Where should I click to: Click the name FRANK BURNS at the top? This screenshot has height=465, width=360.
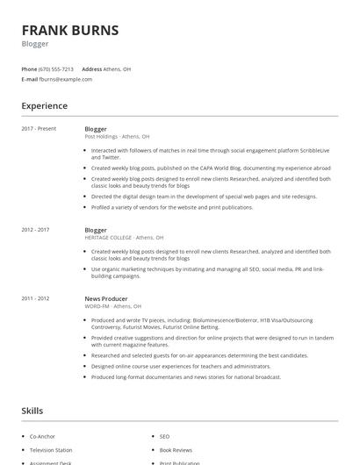click(69, 31)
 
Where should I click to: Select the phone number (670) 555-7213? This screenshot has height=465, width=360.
click(57, 68)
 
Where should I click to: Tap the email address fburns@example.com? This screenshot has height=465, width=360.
click(65, 79)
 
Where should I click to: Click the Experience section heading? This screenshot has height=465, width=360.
click(44, 106)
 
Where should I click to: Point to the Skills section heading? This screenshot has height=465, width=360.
click(32, 411)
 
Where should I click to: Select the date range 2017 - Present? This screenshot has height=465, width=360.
click(39, 129)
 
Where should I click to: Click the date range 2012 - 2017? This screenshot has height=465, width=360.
click(37, 230)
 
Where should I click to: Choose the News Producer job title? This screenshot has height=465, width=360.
click(106, 299)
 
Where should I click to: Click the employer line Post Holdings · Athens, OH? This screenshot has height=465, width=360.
click(117, 137)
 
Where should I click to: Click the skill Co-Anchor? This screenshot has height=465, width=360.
click(42, 436)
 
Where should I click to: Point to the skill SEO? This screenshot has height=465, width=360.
click(164, 436)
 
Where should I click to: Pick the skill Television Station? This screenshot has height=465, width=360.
click(51, 450)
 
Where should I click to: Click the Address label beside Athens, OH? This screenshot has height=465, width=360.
click(91, 68)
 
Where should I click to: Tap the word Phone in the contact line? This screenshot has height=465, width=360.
click(29, 68)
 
